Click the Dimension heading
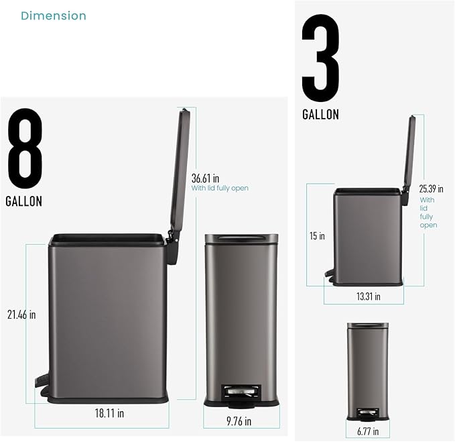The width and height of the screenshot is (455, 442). [x=54, y=15]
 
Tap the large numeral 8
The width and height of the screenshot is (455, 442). [x=25, y=148]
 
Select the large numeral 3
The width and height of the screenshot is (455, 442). [x=320, y=58]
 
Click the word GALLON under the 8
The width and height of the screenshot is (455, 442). [x=24, y=201]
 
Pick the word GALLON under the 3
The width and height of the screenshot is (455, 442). [x=321, y=115]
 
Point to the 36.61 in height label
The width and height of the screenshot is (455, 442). [x=206, y=178]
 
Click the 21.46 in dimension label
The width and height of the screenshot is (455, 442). [x=21, y=315]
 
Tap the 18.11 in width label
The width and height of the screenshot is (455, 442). [x=109, y=413]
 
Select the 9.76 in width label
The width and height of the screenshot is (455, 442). [x=239, y=421]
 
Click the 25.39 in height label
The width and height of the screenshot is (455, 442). [x=431, y=188]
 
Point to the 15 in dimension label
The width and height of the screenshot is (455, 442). [x=317, y=236]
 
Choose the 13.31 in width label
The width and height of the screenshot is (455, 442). [x=369, y=296]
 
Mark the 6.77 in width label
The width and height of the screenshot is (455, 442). [x=368, y=431]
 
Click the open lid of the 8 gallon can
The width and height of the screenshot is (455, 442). [x=180, y=168]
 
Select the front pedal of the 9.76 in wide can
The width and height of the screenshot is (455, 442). [x=241, y=395]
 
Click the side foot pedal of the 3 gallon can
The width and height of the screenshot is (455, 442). [x=329, y=275]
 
